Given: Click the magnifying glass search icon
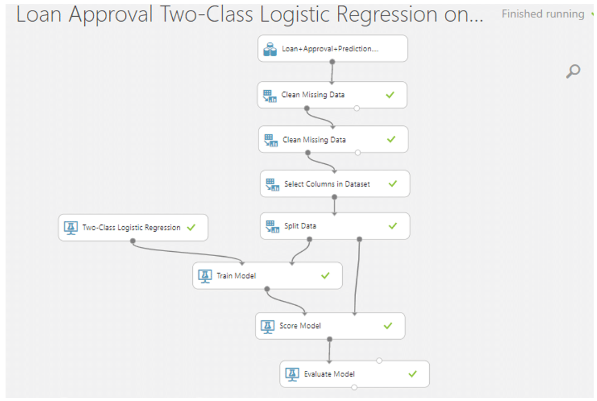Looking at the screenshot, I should point(573,71).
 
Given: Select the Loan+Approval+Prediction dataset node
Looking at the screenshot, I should point(333,49).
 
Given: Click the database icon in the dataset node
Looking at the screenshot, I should point(270,50).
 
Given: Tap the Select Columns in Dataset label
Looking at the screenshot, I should point(327,184).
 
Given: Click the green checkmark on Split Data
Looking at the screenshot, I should point(392,226).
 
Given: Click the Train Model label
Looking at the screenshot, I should point(236,276).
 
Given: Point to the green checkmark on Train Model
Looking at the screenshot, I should point(326,276).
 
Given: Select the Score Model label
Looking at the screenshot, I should point(300,326).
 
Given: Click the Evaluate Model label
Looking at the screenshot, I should point(329,374).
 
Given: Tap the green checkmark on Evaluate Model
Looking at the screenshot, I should point(412,374).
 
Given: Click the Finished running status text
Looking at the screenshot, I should point(542,14).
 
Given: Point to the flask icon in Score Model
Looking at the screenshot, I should point(268,326).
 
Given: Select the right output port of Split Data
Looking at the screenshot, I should point(360,239).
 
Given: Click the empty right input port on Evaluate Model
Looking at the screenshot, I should point(379,360).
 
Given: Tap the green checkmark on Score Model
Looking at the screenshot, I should point(388,326).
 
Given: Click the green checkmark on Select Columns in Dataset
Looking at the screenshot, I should point(392,184).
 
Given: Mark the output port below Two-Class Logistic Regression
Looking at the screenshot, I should point(133,241).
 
